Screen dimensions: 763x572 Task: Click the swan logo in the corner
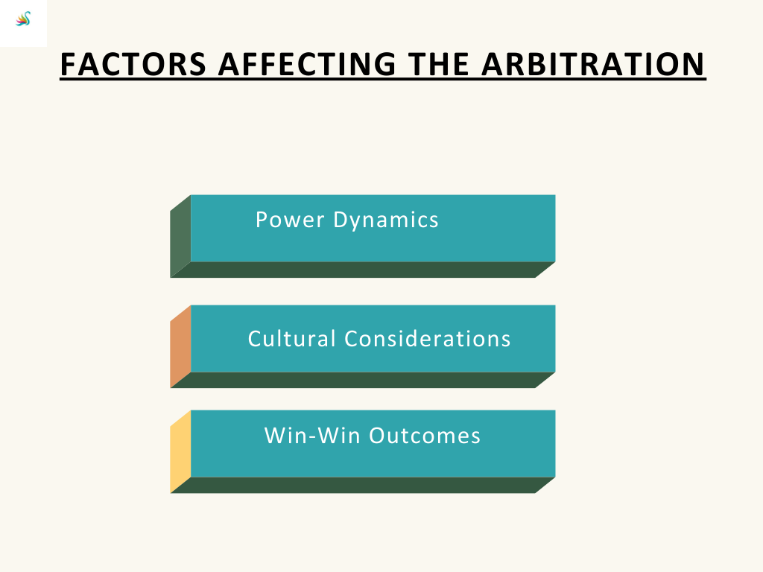23,19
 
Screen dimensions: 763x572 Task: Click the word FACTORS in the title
133,64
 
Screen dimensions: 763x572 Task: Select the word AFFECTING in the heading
307,64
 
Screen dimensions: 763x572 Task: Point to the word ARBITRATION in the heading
593,64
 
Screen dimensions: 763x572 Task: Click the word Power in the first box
290,220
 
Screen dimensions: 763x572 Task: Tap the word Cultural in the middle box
292,339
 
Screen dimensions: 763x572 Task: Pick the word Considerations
428,339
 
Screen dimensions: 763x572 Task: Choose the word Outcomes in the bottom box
425,435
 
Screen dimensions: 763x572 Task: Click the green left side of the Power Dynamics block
180,236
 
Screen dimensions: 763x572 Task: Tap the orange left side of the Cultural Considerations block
180,346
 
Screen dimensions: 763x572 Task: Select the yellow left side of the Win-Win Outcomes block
180,451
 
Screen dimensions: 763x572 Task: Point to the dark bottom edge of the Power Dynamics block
363,270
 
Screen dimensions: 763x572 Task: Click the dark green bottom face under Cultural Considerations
363,380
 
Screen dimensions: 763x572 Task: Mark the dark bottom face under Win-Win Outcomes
363,485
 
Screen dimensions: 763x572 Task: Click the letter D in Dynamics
340,220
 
